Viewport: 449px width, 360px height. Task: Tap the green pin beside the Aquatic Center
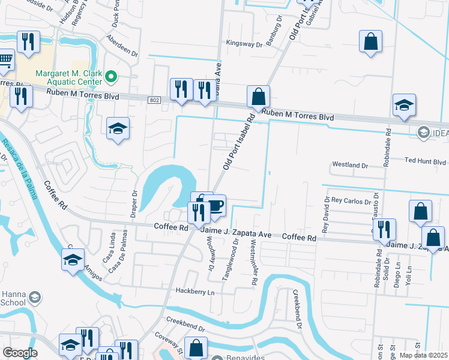(x=111, y=77)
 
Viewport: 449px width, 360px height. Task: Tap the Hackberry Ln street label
(x=194, y=292)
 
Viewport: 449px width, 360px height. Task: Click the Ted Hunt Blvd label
(x=425, y=162)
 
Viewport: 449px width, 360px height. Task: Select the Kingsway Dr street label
(x=244, y=44)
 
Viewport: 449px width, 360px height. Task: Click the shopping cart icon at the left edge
(x=5, y=60)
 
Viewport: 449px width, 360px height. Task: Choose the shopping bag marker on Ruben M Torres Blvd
(x=258, y=97)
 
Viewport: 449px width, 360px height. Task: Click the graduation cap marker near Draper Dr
(x=118, y=128)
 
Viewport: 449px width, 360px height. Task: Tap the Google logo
(x=19, y=353)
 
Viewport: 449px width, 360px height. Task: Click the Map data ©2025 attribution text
(x=424, y=355)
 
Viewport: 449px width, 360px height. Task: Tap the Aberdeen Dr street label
(x=123, y=46)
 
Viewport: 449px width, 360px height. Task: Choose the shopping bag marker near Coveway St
(x=196, y=347)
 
